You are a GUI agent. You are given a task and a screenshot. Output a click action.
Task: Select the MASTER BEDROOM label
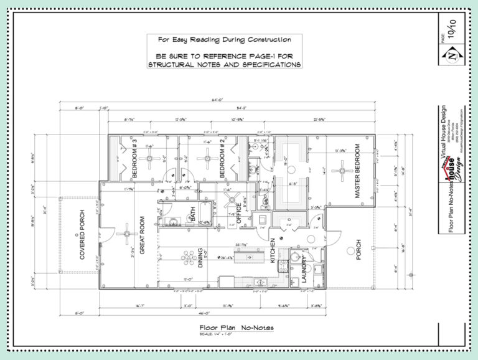click(x=358, y=171)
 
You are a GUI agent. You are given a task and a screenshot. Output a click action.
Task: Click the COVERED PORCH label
click(x=82, y=236)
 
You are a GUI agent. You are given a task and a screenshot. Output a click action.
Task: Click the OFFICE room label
click(x=238, y=212)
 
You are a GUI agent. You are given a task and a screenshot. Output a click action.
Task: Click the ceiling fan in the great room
click(x=126, y=234)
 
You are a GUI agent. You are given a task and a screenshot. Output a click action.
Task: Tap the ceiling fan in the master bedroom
click(x=339, y=169)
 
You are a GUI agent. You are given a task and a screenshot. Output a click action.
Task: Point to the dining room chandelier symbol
click(x=187, y=256)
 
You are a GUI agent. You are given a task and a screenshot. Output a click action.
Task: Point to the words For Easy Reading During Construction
click(x=224, y=39)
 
